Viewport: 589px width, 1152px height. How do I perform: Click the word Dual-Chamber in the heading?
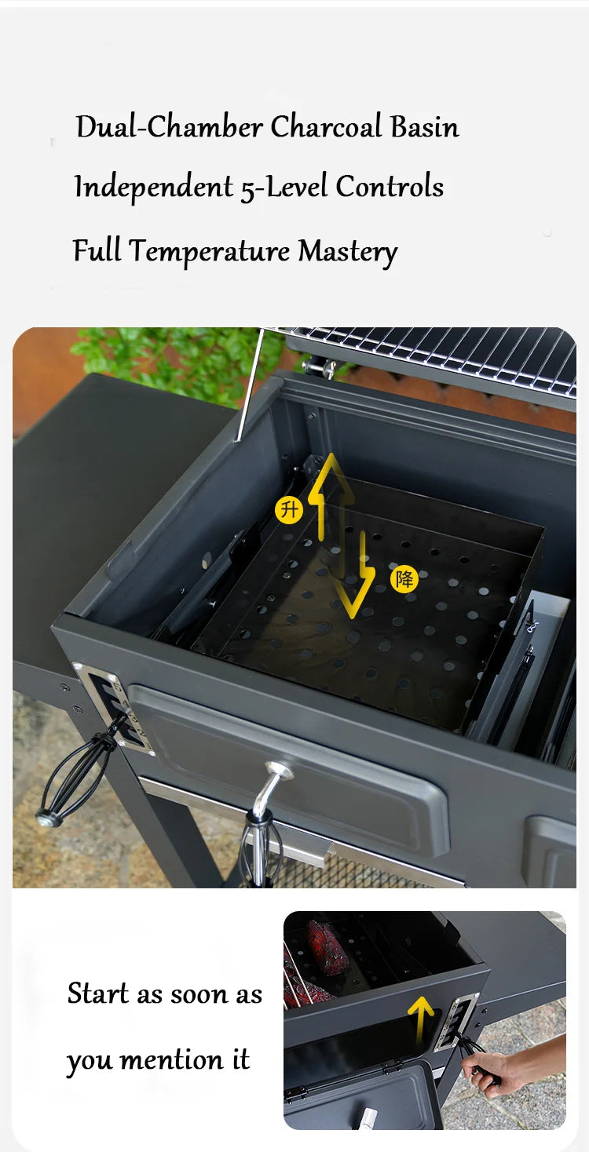pos(169,127)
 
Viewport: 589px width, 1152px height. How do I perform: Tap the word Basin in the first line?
pos(425,127)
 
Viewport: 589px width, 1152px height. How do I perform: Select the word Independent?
pos(153,188)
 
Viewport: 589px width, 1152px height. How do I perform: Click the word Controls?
pos(390,187)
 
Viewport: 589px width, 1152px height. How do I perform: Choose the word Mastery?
pos(348,253)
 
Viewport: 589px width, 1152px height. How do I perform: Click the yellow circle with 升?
pos(289,510)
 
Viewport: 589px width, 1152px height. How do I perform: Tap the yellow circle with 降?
pos(404,580)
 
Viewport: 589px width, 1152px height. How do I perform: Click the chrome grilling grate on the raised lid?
pos(440,357)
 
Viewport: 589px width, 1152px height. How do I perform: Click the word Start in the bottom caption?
pos(99,994)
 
